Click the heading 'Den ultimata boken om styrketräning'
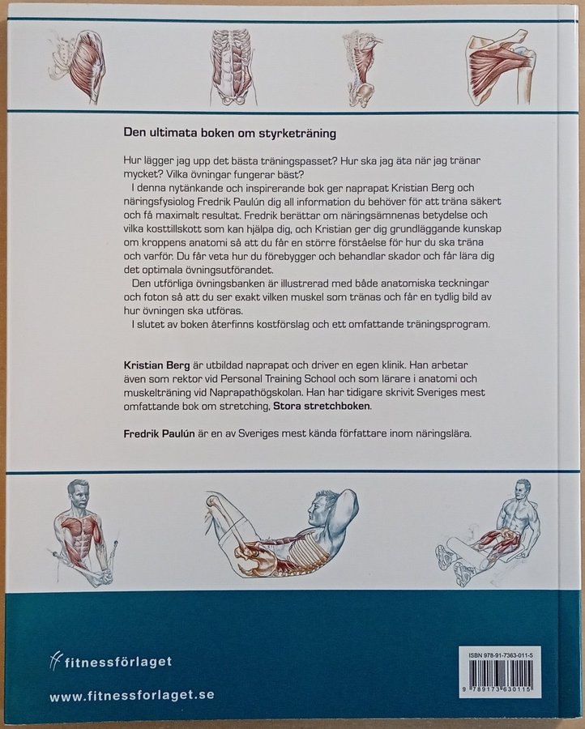(x=230, y=134)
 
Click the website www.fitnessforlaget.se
(x=132, y=696)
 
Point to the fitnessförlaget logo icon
(x=55, y=661)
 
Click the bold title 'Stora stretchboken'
(x=322, y=406)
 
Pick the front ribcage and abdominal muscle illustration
(x=232, y=66)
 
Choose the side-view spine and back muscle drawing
(x=362, y=68)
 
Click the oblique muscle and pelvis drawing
(x=77, y=65)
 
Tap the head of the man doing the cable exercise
(x=78, y=495)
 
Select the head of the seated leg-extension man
(x=523, y=491)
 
